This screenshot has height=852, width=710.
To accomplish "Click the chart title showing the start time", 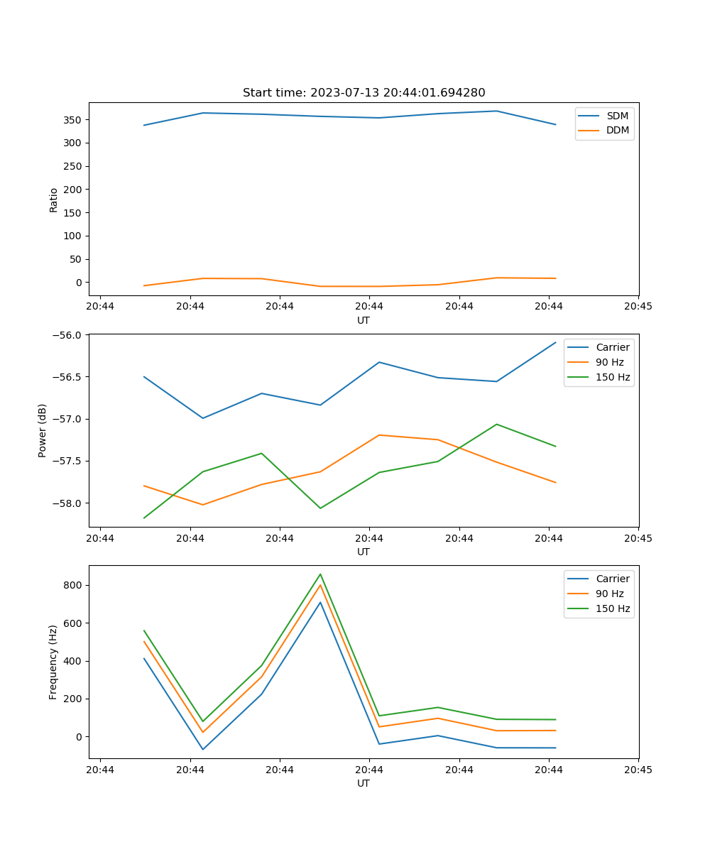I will coord(364,93).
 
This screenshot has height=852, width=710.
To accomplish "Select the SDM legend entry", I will coord(617,116).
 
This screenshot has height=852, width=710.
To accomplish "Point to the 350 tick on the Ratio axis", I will coord(73,120).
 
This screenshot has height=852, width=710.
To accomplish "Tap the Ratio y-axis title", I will coord(54,200).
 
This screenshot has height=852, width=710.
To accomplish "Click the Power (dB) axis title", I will coord(43,430).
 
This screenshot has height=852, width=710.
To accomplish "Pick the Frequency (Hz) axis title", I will coord(53,662).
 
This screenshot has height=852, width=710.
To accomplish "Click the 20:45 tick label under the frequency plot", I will coord(638,770).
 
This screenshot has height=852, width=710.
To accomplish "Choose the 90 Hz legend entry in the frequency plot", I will coord(609,594).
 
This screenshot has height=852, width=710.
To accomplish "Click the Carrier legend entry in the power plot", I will coord(612,347).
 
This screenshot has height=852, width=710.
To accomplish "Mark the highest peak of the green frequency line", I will coord(320,574).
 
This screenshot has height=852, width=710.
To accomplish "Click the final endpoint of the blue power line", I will coord(555,342).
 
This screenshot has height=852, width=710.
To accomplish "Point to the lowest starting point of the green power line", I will coord(144,518).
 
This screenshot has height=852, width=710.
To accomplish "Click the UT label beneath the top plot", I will coord(364,320).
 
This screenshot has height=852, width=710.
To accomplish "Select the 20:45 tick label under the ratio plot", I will coord(638,307).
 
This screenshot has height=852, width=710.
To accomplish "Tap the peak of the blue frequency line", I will coord(320,602).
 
